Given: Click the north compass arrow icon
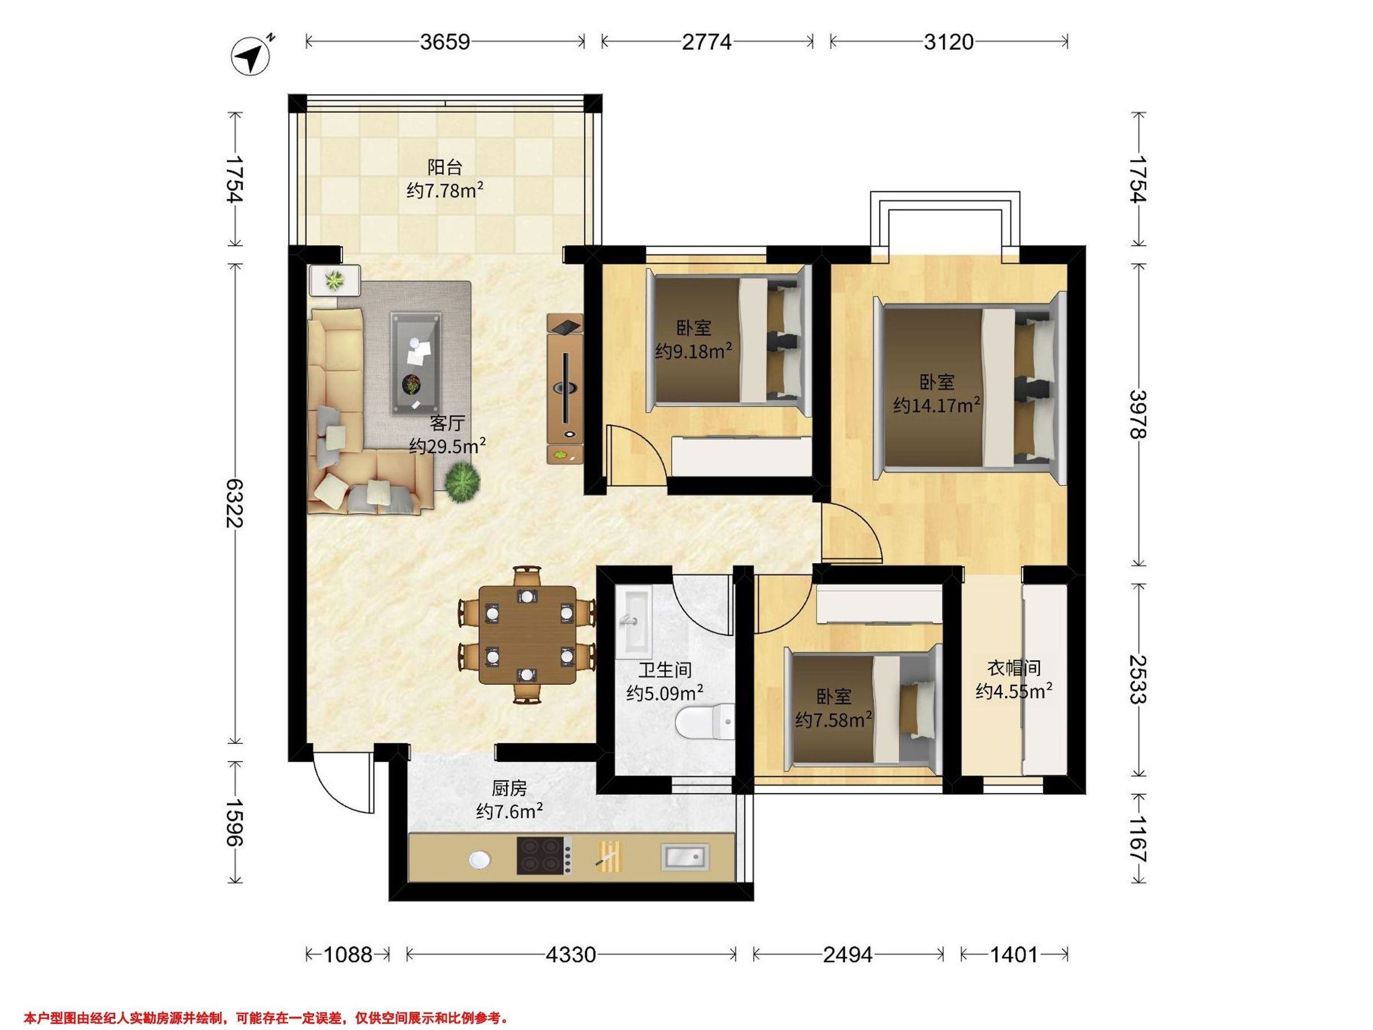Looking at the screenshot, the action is [x=251, y=57].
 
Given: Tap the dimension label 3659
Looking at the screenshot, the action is [x=445, y=42].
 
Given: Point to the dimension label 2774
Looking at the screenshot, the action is [x=707, y=42].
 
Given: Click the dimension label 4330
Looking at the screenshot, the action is [x=570, y=954].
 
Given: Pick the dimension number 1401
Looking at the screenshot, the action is [x=1014, y=954].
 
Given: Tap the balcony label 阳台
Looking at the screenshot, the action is [x=445, y=167].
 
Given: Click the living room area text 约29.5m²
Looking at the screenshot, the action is [x=447, y=446].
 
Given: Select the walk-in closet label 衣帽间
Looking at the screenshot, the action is [x=1014, y=668].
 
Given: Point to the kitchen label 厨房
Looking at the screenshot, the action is [x=510, y=789].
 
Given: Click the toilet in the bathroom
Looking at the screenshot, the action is [x=704, y=722].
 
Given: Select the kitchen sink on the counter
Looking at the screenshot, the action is [x=685, y=857].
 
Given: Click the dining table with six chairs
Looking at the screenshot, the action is [x=527, y=635].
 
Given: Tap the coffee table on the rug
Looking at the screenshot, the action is [x=416, y=363].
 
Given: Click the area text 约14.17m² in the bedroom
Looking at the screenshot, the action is [x=937, y=405].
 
